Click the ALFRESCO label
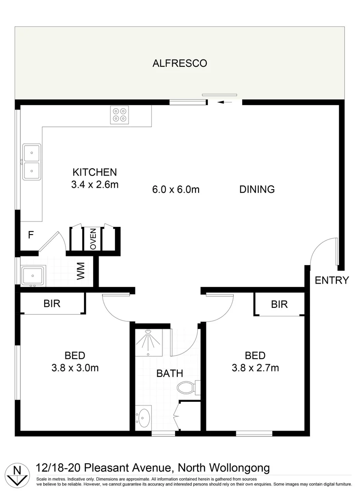click(180, 63)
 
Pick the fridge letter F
click(31, 235)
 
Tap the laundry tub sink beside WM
click(32, 276)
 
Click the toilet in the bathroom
click(186, 388)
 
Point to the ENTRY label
click(332, 280)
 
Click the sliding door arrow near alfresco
click(224, 103)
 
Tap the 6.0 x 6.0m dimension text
click(176, 190)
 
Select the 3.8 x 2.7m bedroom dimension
click(255, 368)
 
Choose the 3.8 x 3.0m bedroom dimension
click(75, 368)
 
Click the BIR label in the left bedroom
click(52, 304)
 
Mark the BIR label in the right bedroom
click(279, 304)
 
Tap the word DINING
click(257, 190)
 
